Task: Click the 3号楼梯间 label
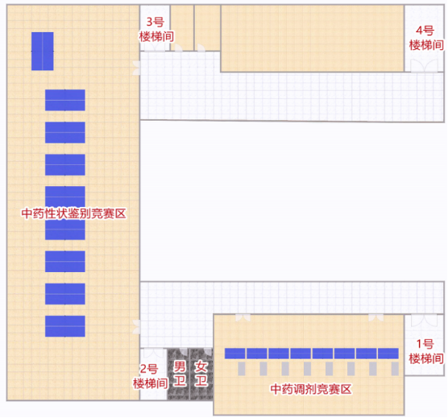(x=156, y=30)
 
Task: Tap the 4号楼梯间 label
(x=426, y=38)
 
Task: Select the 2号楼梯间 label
(x=151, y=376)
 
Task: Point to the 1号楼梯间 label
(x=426, y=351)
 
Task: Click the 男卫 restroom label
(x=180, y=374)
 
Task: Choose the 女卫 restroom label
(x=201, y=374)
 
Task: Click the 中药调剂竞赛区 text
(x=311, y=389)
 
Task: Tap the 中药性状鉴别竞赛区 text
(x=73, y=213)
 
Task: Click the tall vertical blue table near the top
(x=42, y=51)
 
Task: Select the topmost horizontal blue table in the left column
(x=65, y=100)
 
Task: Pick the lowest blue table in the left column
(x=65, y=326)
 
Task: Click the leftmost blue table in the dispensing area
(x=234, y=354)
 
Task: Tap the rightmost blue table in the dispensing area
(x=388, y=354)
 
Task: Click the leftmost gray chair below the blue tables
(x=242, y=369)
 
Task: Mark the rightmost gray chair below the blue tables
(x=395, y=369)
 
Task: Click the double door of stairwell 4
(x=425, y=66)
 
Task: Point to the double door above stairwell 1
(x=425, y=321)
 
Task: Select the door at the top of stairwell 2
(x=153, y=354)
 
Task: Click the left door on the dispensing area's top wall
(x=243, y=317)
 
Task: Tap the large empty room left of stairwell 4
(x=313, y=39)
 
